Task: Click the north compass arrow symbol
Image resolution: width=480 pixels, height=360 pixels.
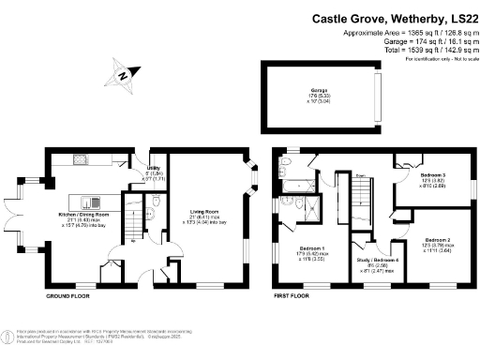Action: (123, 73)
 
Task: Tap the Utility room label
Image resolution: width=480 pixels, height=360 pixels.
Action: (153, 167)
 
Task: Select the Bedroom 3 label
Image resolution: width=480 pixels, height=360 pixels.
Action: (433, 175)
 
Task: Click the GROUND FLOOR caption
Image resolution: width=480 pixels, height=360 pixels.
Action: (68, 295)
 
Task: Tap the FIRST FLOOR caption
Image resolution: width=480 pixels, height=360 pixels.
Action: (293, 295)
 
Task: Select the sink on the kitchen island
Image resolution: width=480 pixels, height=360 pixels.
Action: (91, 202)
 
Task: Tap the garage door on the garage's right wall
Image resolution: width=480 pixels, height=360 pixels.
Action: (379, 93)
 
